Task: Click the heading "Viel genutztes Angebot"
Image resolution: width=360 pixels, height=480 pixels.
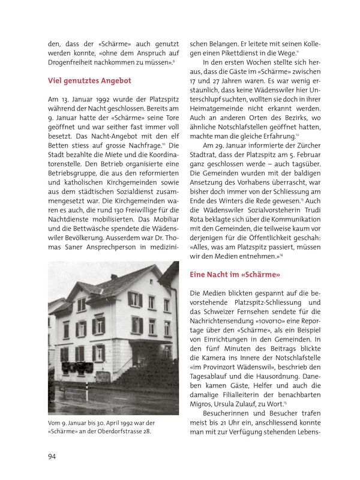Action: (x=89, y=80)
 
